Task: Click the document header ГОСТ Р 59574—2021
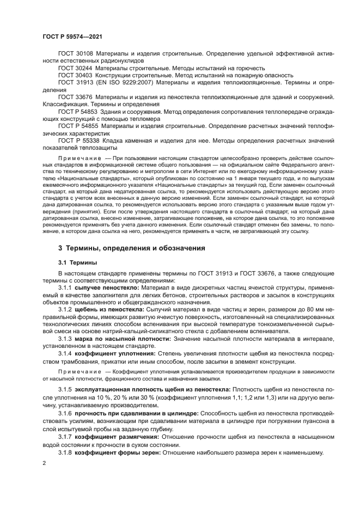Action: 72,36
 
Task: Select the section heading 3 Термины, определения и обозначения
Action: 131,248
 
